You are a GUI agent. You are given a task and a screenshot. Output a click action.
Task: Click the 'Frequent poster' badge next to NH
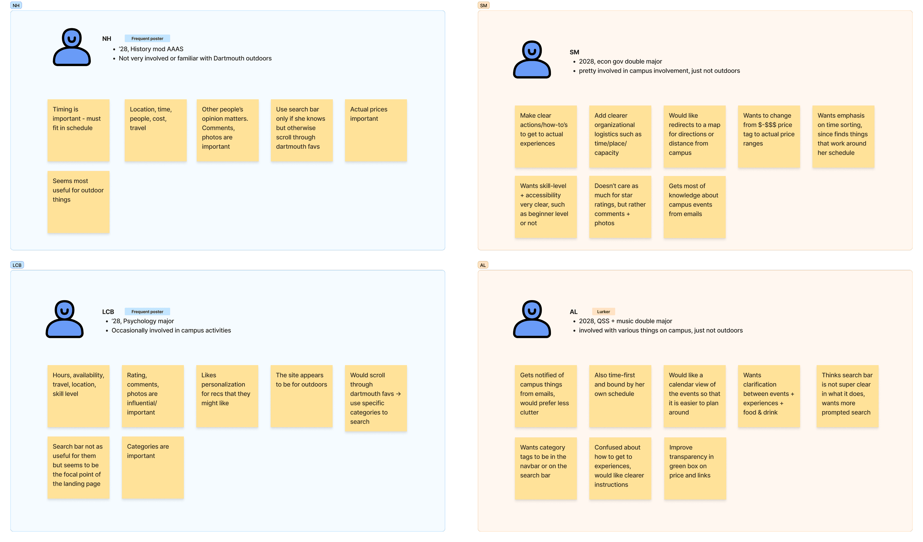click(x=147, y=39)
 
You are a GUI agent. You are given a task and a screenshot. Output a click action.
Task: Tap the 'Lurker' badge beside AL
click(x=603, y=312)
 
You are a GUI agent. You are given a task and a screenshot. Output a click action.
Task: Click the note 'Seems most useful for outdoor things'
click(x=78, y=202)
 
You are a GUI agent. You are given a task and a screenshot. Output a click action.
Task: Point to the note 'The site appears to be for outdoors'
click(x=302, y=396)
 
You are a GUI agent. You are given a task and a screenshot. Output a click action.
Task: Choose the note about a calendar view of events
click(x=695, y=396)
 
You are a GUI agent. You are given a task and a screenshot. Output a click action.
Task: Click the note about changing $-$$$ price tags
click(x=769, y=137)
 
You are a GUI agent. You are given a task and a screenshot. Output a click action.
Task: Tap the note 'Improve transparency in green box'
click(x=695, y=468)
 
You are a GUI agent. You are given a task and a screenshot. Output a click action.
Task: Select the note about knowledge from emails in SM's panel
click(x=695, y=207)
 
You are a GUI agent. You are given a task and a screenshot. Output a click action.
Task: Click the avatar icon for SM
click(x=532, y=59)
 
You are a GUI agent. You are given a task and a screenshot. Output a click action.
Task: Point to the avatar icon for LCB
click(x=64, y=319)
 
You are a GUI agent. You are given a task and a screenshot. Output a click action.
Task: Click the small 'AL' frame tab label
click(x=483, y=265)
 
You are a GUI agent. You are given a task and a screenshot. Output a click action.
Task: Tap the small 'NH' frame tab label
click(x=16, y=5)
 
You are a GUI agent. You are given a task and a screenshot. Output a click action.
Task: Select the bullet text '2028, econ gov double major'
click(x=620, y=62)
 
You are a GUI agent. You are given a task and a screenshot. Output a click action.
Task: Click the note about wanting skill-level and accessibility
click(x=546, y=207)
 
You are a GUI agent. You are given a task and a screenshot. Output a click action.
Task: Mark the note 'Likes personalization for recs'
click(x=227, y=396)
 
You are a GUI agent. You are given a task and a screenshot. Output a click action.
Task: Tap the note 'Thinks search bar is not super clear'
click(x=847, y=396)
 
